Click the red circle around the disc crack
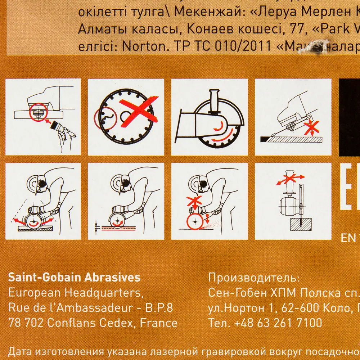tap(104, 118)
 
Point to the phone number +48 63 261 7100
tap(276, 322)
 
